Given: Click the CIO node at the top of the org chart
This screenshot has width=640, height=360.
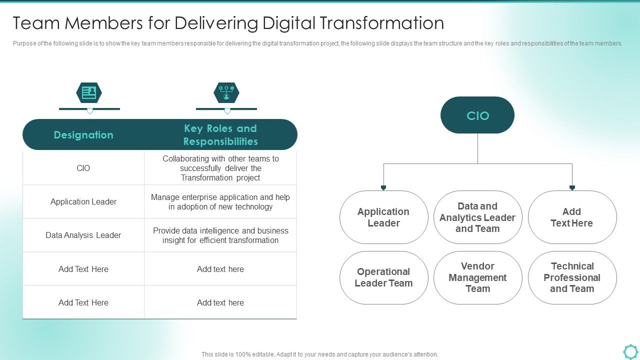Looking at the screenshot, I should (x=477, y=115).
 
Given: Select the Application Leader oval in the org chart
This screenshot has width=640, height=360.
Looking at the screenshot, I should (x=383, y=217).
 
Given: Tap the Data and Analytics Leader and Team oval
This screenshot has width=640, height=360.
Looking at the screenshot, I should (x=477, y=217).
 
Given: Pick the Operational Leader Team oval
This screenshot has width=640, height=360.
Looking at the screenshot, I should (x=383, y=277).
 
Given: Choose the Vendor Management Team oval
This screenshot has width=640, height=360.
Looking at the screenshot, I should (x=477, y=277).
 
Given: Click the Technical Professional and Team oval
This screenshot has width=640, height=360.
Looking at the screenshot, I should (x=572, y=277).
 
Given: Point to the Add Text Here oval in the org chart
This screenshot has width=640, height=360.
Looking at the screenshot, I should (x=572, y=217).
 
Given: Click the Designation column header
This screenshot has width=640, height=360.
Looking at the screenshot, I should (x=83, y=135).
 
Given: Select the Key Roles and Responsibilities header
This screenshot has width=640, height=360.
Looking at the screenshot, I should (x=220, y=135).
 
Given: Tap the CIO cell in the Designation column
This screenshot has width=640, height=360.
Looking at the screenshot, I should (x=83, y=168).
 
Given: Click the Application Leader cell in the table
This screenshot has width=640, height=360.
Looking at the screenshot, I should (x=83, y=202).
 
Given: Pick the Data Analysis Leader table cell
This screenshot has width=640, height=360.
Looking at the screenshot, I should (x=83, y=235).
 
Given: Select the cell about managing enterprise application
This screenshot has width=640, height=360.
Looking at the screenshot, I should (x=220, y=202).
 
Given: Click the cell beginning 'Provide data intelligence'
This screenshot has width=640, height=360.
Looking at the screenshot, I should (x=220, y=235).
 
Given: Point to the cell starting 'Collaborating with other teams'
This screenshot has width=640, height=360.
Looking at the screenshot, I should (x=220, y=168).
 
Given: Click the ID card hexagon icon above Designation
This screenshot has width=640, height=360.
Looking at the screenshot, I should (x=89, y=92).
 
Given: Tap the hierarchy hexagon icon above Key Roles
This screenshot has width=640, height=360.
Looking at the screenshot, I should (x=226, y=92).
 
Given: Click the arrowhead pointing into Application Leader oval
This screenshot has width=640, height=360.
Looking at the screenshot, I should (x=383, y=188).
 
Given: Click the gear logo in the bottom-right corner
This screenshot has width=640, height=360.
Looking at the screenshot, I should (x=630, y=351).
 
